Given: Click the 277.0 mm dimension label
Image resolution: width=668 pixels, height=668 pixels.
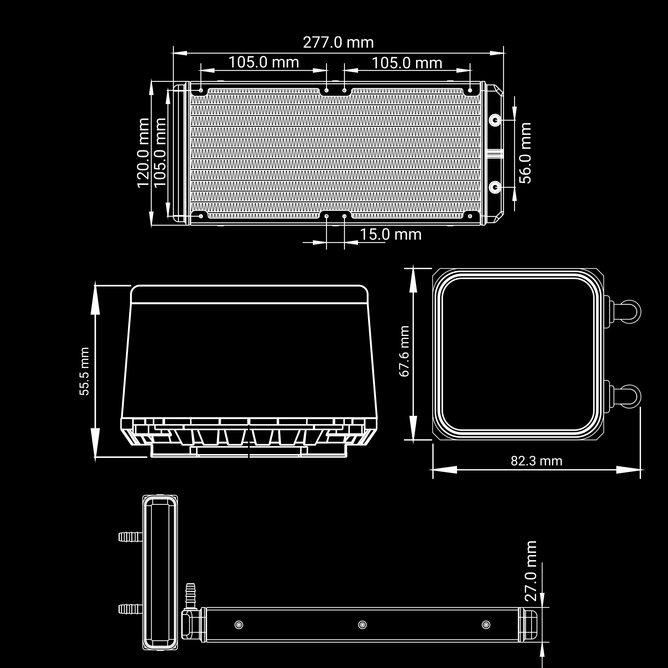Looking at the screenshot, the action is (338, 42).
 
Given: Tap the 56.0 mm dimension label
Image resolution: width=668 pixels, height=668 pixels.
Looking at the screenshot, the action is (525, 153).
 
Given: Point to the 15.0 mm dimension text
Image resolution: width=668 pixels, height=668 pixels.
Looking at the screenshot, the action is (391, 234).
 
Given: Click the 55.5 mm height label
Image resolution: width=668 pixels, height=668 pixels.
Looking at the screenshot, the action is (85, 371).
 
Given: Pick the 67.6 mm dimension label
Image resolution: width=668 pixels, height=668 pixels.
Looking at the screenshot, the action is (404, 351).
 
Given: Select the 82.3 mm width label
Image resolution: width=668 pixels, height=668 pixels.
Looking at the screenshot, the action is (537, 461).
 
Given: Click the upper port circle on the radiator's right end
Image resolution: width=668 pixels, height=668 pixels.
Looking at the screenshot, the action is (495, 120).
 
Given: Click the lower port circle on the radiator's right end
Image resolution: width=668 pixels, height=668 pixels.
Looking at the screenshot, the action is (495, 187).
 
